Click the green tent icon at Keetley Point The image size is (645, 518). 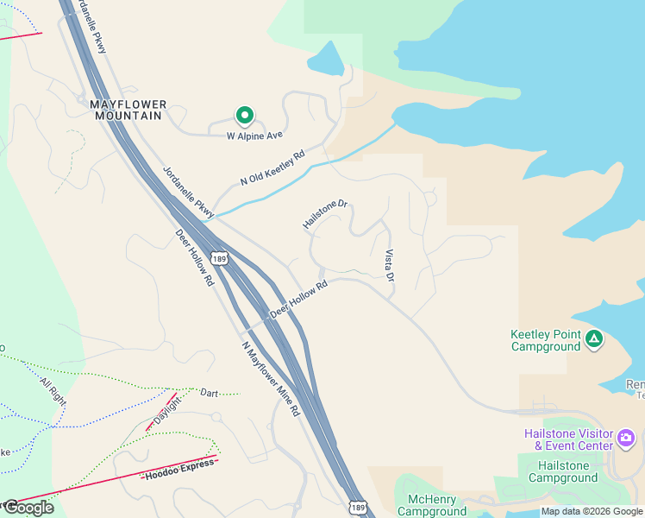[593, 338]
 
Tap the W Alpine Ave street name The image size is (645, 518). [254, 136]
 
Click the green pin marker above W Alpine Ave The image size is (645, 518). [244, 115]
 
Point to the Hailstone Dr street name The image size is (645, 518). [324, 215]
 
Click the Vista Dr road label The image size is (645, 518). [390, 266]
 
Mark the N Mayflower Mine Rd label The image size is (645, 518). [270, 379]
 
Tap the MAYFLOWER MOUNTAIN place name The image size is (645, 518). [128, 110]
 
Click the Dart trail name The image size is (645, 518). [210, 392]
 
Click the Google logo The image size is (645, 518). [28, 508]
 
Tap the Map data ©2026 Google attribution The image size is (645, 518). [592, 512]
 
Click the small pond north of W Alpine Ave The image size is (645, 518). [326, 59]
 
